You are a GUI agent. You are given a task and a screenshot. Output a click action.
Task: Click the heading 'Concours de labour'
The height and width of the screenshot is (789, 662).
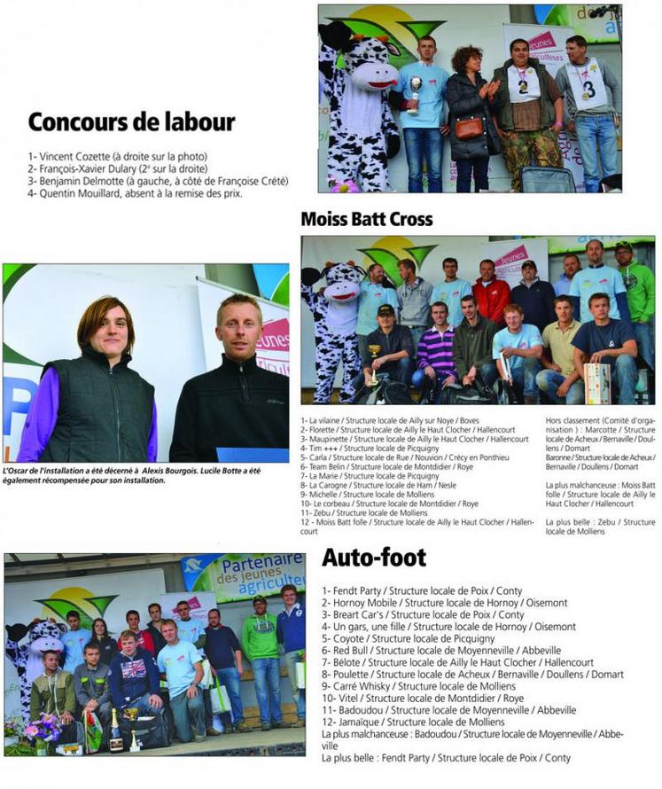(x=131, y=121)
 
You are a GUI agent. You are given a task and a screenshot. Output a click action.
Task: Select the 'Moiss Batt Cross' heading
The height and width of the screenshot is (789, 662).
(x=366, y=218)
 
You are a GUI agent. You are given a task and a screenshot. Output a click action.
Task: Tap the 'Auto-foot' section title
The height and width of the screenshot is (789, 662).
(x=373, y=557)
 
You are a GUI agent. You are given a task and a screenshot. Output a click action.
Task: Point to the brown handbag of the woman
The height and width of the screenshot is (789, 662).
(x=470, y=128)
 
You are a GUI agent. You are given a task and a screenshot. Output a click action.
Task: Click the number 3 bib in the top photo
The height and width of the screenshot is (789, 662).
(x=588, y=89)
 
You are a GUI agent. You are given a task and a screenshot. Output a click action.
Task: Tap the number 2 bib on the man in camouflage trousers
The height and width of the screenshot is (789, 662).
(x=523, y=86)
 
